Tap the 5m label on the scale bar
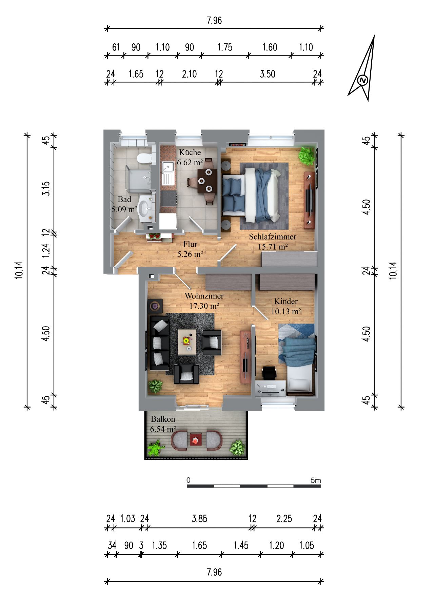[316, 480]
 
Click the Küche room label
[190, 152]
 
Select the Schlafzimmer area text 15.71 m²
[273, 247]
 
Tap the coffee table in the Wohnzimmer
[187, 341]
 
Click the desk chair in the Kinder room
[270, 373]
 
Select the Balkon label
[163, 419]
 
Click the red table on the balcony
[196, 440]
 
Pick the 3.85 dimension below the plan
[199, 519]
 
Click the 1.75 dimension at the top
[225, 47]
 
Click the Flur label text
[190, 244]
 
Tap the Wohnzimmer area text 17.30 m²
[204, 306]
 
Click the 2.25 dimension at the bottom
[284, 519]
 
